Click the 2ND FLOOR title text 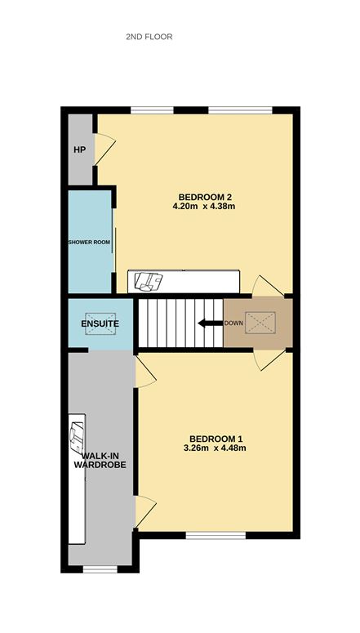pyautogui.click(x=149, y=37)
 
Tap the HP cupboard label pyautogui.click(x=79, y=149)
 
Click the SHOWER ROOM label pyautogui.click(x=89, y=243)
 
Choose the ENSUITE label pyautogui.click(x=100, y=323)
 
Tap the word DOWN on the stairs pyautogui.click(x=233, y=323)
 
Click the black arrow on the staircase pyautogui.click(x=211, y=323)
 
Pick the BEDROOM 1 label pyautogui.click(x=216, y=439)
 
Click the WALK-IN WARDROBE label pyautogui.click(x=104, y=461)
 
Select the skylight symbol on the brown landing pyautogui.click(x=260, y=323)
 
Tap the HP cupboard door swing pyautogui.click(x=105, y=149)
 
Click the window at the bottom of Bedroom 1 pyautogui.click(x=216, y=535)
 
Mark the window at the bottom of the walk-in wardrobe pyautogui.click(x=100, y=569)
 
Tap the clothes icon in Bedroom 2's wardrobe pyautogui.click(x=148, y=281)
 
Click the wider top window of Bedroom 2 pyautogui.click(x=241, y=110)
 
